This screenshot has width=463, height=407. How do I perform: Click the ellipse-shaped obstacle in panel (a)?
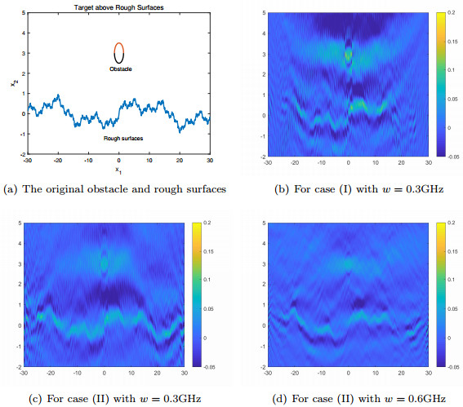(119, 53)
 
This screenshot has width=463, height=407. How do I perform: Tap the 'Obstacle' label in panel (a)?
(121, 70)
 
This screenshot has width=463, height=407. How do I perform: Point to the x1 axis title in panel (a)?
(118, 170)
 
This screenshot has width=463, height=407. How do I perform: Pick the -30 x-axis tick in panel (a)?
(26, 159)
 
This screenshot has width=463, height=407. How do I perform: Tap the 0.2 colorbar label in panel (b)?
(452, 15)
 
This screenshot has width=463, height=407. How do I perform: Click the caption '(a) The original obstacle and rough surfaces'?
(114, 190)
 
